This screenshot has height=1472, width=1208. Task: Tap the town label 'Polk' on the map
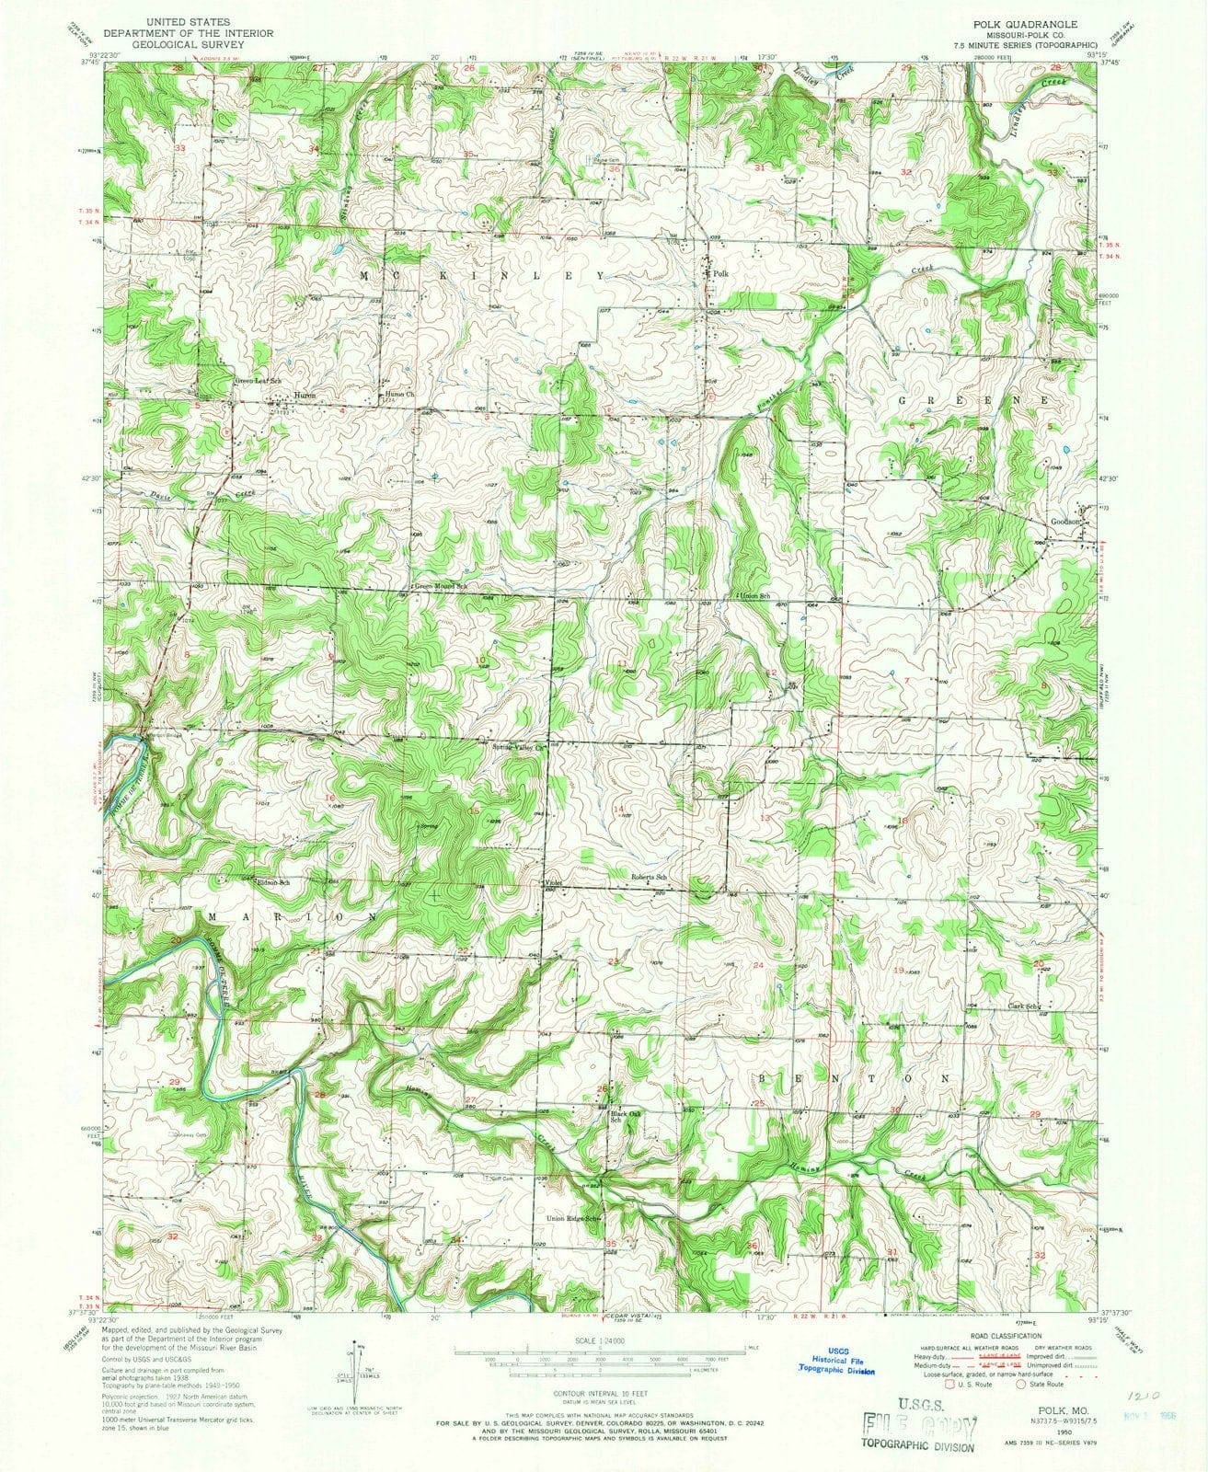point(719,274)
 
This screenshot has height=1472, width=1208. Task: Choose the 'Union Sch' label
point(752,595)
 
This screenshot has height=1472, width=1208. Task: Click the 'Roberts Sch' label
point(649,876)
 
